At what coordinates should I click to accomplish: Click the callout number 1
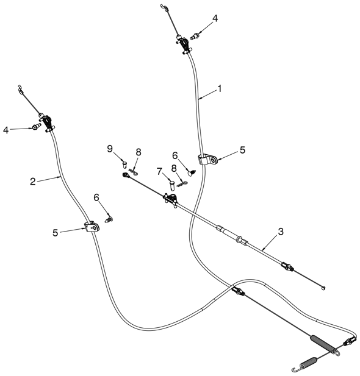[219, 89]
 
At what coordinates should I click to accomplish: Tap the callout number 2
[33, 181]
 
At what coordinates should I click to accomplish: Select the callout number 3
[281, 232]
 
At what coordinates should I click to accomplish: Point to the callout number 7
[159, 171]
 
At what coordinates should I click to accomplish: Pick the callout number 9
[110, 149]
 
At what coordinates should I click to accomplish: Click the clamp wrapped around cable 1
[208, 160]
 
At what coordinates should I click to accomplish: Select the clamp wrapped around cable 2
[92, 227]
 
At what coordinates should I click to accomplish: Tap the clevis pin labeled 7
[172, 186]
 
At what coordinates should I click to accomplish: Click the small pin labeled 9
[124, 165]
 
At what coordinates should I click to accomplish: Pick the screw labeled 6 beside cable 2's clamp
[109, 219]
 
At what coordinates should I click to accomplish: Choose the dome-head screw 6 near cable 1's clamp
[192, 173]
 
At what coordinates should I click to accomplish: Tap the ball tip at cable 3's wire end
[323, 288]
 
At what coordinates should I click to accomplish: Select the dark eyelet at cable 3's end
[126, 176]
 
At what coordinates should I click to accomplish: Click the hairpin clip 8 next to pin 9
[133, 172]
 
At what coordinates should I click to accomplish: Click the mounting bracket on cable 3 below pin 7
[171, 199]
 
